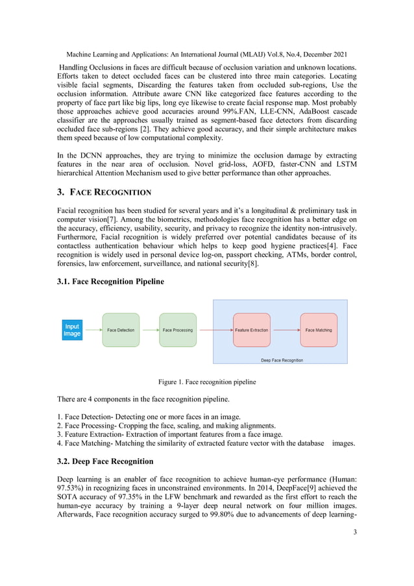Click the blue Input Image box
(x=72, y=330)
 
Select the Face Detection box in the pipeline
(x=121, y=330)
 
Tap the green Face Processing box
(x=177, y=330)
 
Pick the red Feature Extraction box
(x=251, y=330)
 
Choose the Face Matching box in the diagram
(x=318, y=330)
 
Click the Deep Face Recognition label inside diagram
(x=282, y=360)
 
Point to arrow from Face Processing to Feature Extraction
(x=214, y=330)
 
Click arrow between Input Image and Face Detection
(x=92, y=330)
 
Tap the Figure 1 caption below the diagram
(x=207, y=382)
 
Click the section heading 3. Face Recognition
(x=104, y=192)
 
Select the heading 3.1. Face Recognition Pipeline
(x=111, y=281)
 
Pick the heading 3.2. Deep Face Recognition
(x=106, y=461)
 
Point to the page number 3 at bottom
(x=355, y=532)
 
